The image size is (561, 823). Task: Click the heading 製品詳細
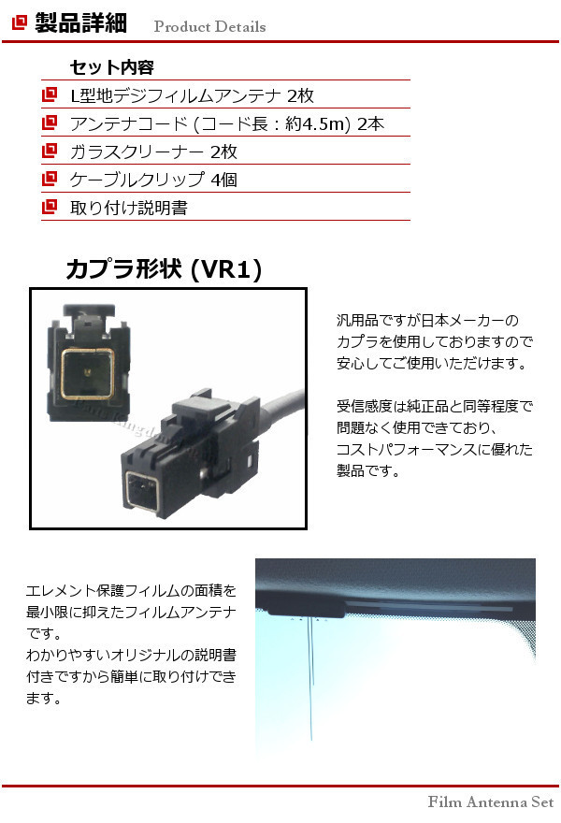(x=80, y=23)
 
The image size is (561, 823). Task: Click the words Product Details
(x=209, y=26)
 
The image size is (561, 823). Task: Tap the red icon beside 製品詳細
(x=19, y=24)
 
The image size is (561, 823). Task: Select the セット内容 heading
(x=111, y=67)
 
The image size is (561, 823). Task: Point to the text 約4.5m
(x=317, y=123)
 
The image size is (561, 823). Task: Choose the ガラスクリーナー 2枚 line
(x=153, y=152)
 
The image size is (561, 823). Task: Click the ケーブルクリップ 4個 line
(x=153, y=180)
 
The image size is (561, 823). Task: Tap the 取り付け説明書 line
(x=129, y=208)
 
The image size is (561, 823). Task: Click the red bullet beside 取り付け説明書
(x=49, y=207)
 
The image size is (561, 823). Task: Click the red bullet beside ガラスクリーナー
(x=49, y=151)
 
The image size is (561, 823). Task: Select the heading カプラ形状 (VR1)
(x=164, y=270)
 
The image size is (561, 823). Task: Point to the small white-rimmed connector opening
(x=141, y=489)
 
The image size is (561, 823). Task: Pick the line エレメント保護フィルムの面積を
(x=131, y=591)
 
